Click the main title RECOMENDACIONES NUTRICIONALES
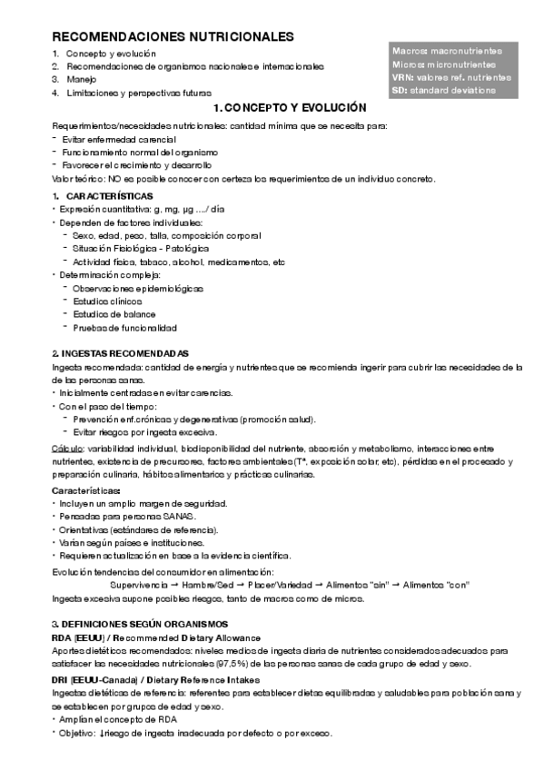tap(173, 37)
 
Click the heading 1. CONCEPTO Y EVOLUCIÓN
tap(289, 107)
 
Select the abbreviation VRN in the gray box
tap(402, 78)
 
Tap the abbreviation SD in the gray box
tap(399, 91)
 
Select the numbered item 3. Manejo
tap(82, 80)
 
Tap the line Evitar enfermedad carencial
tap(119, 139)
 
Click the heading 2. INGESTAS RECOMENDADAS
tap(107, 353)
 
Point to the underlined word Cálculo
tap(67, 449)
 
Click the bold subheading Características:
tap(86, 490)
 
